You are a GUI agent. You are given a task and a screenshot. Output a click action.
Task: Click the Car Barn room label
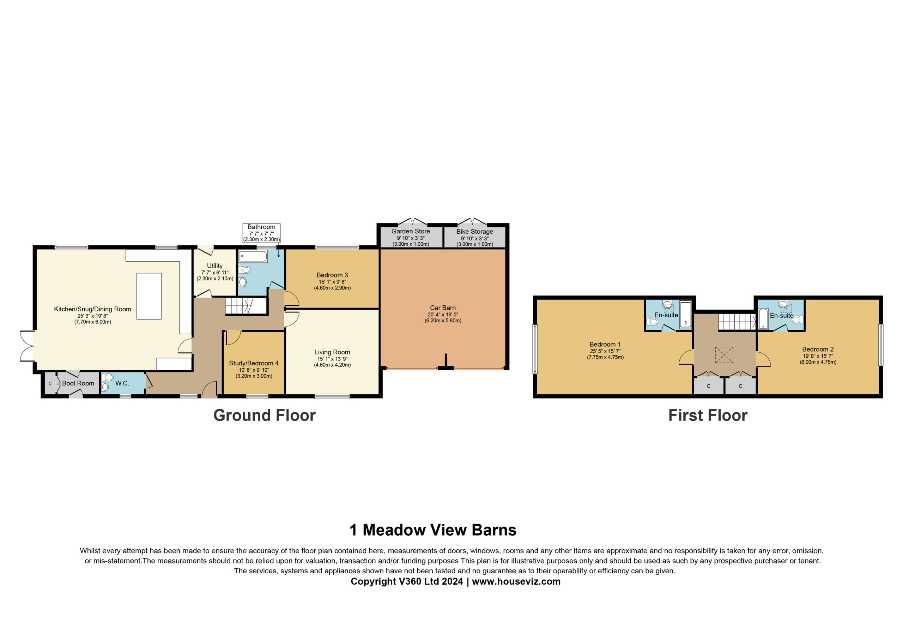tap(443, 308)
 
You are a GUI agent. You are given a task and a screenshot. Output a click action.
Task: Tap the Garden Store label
tap(411, 232)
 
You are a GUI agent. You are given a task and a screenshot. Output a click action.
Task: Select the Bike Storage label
tap(475, 232)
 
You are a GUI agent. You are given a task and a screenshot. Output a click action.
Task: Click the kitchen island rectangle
tap(149, 296)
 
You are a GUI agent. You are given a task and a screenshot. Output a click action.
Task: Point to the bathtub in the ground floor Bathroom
tap(253, 256)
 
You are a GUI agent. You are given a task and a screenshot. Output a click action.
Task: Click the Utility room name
tap(215, 266)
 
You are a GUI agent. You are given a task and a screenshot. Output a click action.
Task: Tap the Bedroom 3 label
tap(332, 275)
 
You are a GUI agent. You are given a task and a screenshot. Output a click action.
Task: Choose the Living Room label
tap(332, 352)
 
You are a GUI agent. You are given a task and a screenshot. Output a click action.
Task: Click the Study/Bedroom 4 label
tap(254, 363)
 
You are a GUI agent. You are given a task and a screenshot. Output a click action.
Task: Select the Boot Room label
tap(78, 383)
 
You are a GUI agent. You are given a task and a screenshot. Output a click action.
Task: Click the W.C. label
tap(122, 383)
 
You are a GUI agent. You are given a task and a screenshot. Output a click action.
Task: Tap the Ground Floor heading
tap(265, 416)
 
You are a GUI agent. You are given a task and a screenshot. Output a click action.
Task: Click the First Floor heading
tap(708, 416)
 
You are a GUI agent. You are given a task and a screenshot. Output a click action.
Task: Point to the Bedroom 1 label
tap(605, 345)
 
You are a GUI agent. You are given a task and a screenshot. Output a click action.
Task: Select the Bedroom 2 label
tap(818, 349)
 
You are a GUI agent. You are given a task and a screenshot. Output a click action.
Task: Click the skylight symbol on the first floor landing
tap(725, 355)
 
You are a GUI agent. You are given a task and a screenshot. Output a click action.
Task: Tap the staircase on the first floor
tap(737, 322)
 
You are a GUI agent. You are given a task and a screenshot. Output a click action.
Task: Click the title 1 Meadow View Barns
tap(433, 530)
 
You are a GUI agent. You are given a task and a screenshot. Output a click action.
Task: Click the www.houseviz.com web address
tap(516, 581)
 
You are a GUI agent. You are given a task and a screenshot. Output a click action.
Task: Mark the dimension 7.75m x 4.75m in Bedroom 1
tap(605, 358)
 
